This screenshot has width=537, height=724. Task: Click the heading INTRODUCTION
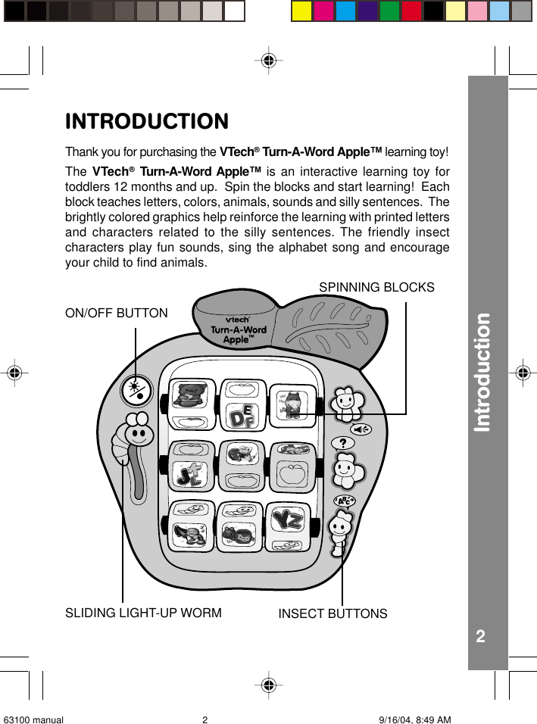tap(147, 121)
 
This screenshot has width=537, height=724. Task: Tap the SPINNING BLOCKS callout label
tap(376, 288)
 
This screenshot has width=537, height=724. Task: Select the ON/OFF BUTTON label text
tap(117, 313)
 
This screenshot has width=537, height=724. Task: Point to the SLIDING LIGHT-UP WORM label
tap(143, 613)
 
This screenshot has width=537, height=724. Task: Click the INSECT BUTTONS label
tap(333, 613)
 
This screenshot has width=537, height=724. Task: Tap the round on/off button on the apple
tap(136, 391)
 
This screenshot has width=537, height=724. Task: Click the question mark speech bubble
tap(343, 442)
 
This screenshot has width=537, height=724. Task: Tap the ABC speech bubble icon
tap(345, 502)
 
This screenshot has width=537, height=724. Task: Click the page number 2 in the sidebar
tap(480, 636)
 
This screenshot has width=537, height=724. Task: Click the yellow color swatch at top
tap(301, 11)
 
